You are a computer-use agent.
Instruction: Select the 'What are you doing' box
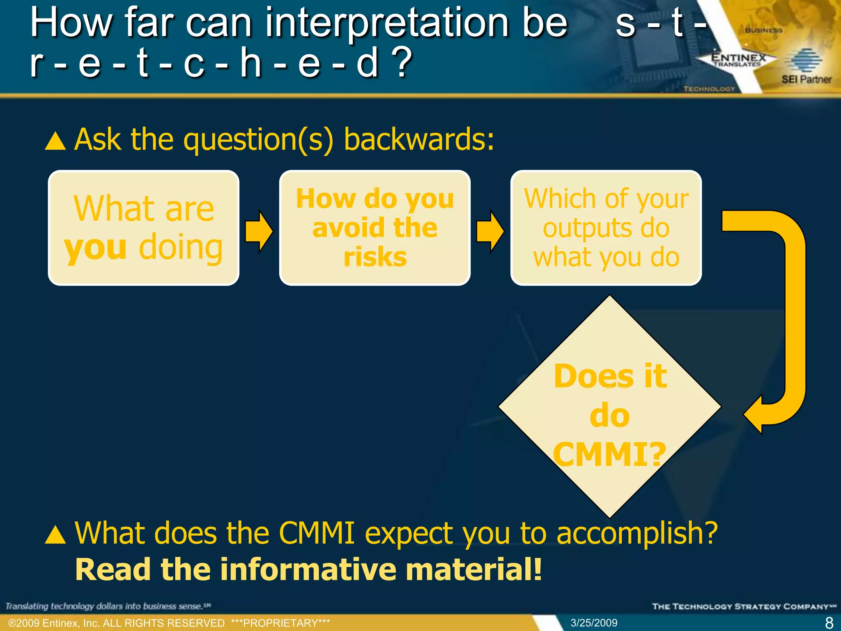143,228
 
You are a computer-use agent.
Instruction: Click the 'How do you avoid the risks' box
375,228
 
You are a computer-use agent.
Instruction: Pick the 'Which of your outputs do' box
606,228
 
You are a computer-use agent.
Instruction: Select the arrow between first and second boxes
259,231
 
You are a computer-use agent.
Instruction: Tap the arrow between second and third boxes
490,231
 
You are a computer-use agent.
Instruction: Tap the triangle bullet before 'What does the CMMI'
55,534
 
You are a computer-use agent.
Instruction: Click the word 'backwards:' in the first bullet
419,140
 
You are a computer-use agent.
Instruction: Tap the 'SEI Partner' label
806,79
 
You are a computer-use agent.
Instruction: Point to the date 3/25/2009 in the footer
594,623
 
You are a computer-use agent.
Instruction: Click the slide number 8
829,623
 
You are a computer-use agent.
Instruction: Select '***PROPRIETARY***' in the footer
280,623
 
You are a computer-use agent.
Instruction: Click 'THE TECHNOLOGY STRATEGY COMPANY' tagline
744,606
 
